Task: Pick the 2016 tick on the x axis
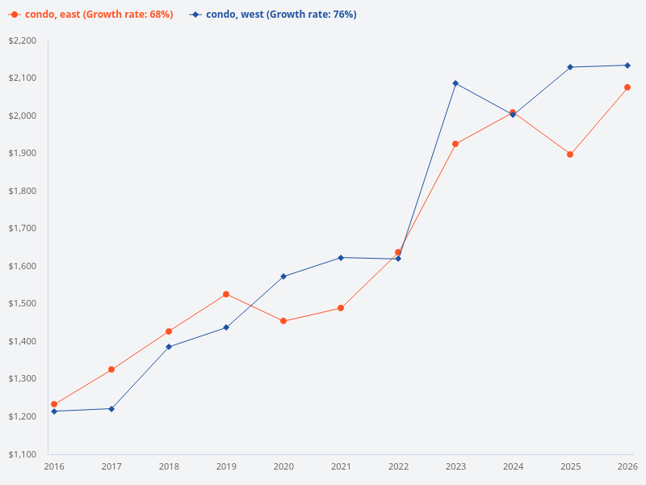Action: click(54, 466)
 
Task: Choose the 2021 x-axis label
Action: click(341, 466)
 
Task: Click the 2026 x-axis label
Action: click(627, 466)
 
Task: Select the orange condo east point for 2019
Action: click(226, 294)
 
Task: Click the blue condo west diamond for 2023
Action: click(455, 83)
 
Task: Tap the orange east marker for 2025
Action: click(570, 154)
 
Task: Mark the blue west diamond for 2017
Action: click(111, 409)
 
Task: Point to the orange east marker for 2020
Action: click(283, 321)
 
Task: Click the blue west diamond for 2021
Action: click(341, 258)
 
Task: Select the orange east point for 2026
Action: click(627, 87)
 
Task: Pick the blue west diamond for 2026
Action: click(627, 65)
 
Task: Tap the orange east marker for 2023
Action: click(455, 144)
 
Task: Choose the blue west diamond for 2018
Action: click(169, 347)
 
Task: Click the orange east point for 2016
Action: click(54, 404)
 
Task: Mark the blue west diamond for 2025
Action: click(570, 67)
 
